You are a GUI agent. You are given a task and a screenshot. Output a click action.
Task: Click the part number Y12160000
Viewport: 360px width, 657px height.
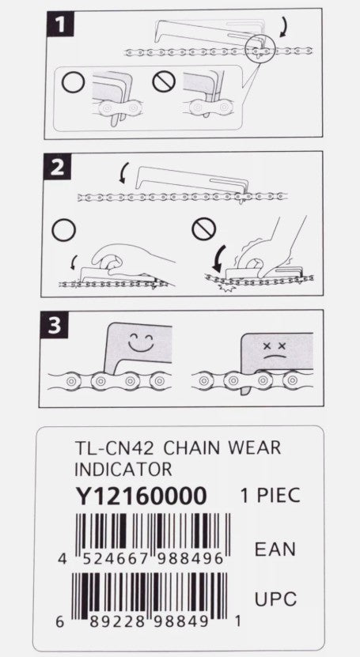142,496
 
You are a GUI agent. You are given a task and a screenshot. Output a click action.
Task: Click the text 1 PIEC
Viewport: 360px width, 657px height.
269,497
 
